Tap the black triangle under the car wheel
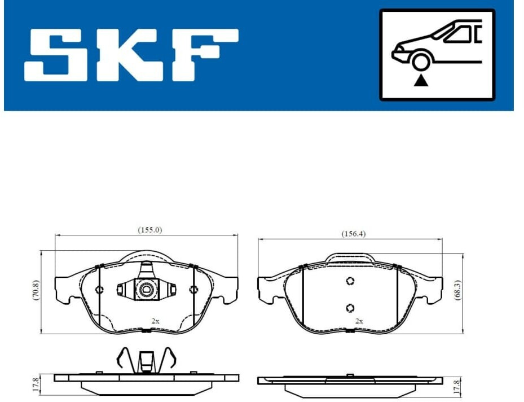pos(421,81)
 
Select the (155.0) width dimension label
pos(150,230)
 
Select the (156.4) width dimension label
pos(353,234)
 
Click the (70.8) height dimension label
pos(36,290)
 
